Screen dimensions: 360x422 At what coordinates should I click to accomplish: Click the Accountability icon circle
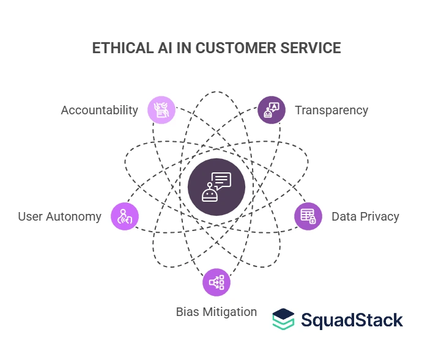pyautogui.click(x=162, y=110)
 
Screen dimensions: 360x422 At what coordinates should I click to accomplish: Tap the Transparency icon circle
pyautogui.click(x=272, y=110)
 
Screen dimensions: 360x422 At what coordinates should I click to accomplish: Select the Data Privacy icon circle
pyautogui.click(x=308, y=216)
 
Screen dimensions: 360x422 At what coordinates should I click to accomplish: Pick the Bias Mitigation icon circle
pyautogui.click(x=217, y=282)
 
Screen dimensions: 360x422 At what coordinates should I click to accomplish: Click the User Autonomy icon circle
pyautogui.click(x=125, y=216)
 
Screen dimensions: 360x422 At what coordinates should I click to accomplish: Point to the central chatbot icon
pyautogui.click(x=217, y=188)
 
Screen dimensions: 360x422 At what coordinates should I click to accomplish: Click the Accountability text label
pyautogui.click(x=99, y=110)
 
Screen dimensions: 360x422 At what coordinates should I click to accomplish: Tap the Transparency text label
pyautogui.click(x=331, y=110)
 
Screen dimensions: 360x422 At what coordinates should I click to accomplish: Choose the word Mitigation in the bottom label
pyautogui.click(x=229, y=312)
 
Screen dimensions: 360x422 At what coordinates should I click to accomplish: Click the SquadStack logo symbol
pyautogui.click(x=283, y=319)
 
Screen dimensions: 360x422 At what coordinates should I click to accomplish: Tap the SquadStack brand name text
pyautogui.click(x=351, y=320)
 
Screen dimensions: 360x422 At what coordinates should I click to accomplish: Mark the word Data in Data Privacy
pyautogui.click(x=344, y=216)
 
